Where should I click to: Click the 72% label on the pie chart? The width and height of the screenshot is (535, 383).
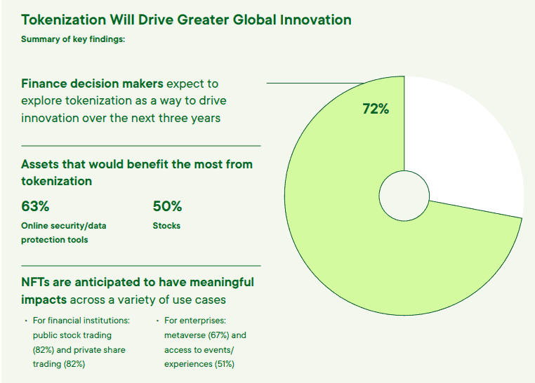pyautogui.click(x=376, y=109)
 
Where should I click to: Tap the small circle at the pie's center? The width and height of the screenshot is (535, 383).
pyautogui.click(x=404, y=196)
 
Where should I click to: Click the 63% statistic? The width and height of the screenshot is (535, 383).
pyautogui.click(x=35, y=206)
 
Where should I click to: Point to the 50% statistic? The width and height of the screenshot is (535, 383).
pyautogui.click(x=167, y=206)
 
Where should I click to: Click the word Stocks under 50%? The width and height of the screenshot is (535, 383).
pyautogui.click(x=166, y=226)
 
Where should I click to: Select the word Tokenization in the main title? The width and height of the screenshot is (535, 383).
pyautogui.click(x=63, y=20)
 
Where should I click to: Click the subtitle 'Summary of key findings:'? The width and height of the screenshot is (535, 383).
pyautogui.click(x=73, y=39)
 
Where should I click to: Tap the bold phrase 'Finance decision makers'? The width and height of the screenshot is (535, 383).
pyautogui.click(x=92, y=83)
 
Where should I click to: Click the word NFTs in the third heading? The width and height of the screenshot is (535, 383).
pyautogui.click(x=36, y=282)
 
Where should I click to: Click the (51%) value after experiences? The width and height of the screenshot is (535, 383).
pyautogui.click(x=225, y=364)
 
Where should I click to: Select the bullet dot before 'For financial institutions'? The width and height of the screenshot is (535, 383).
pyautogui.click(x=26, y=321)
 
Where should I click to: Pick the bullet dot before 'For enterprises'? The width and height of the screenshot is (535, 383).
pyautogui.click(x=157, y=321)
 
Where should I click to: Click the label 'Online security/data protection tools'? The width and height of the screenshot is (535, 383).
pyautogui.click(x=63, y=233)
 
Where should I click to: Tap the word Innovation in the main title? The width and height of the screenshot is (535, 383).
pyautogui.click(x=316, y=20)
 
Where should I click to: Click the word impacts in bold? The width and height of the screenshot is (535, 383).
pyautogui.click(x=44, y=300)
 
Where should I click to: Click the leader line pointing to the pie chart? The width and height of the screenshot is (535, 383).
pyautogui.click(x=315, y=83)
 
